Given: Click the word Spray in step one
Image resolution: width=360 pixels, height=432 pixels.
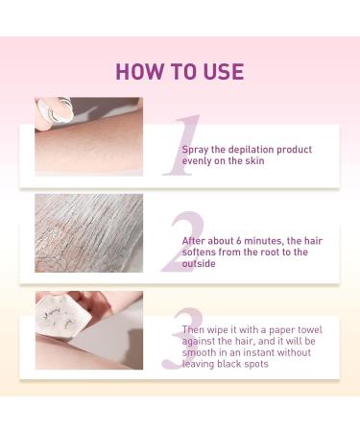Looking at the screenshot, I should tap(197, 150).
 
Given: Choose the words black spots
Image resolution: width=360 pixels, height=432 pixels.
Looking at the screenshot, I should tap(238, 366).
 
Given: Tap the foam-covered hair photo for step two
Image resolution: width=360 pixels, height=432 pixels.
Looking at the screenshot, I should tap(88, 233).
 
